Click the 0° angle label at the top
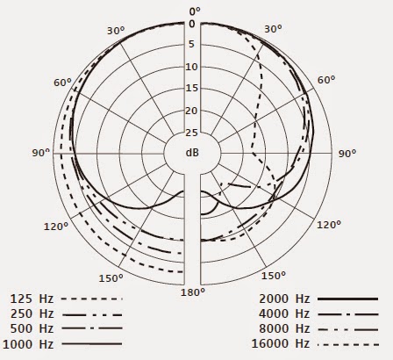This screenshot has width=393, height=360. pos(194,11)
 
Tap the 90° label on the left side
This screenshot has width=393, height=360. pos(40,153)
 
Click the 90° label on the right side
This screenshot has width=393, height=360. pos(347,153)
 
